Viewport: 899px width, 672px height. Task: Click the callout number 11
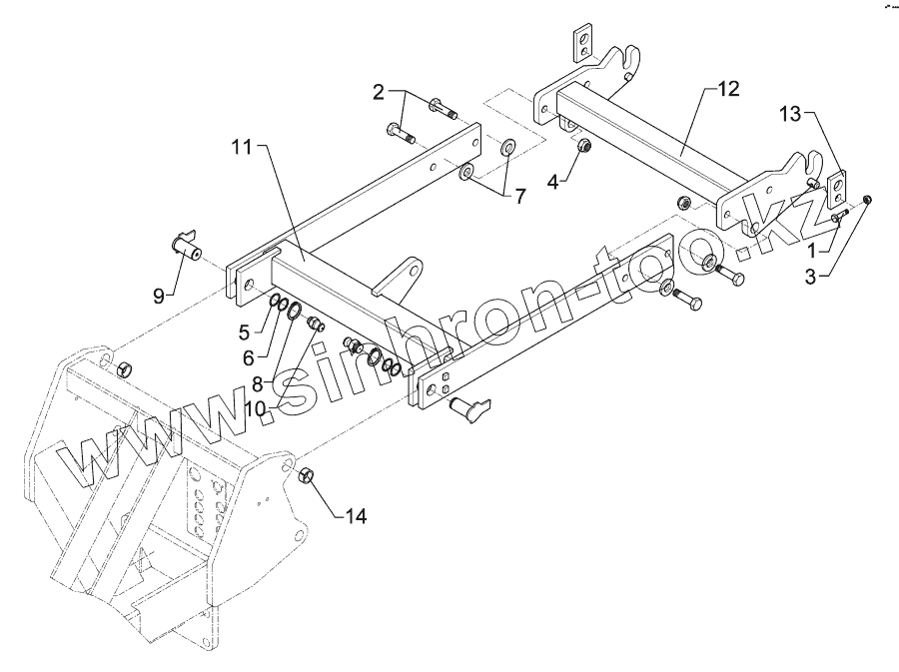(244, 148)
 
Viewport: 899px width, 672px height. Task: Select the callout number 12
(727, 90)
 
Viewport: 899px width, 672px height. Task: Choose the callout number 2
(379, 93)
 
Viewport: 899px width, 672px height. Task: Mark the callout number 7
(519, 197)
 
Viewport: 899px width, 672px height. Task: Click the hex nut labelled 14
(309, 473)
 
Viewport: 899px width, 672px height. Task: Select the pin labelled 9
(186, 245)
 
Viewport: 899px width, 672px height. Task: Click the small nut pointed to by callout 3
(868, 200)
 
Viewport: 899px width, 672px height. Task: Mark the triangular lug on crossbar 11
(402, 276)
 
